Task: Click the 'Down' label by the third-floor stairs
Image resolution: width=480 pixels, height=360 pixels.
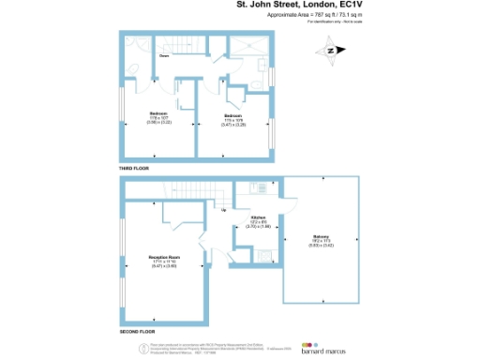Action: point(163,56)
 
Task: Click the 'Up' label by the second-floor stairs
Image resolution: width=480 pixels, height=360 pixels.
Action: point(223,210)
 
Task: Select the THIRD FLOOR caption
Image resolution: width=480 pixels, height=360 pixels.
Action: point(134,168)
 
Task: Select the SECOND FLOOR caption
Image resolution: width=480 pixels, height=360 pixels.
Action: point(136,333)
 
